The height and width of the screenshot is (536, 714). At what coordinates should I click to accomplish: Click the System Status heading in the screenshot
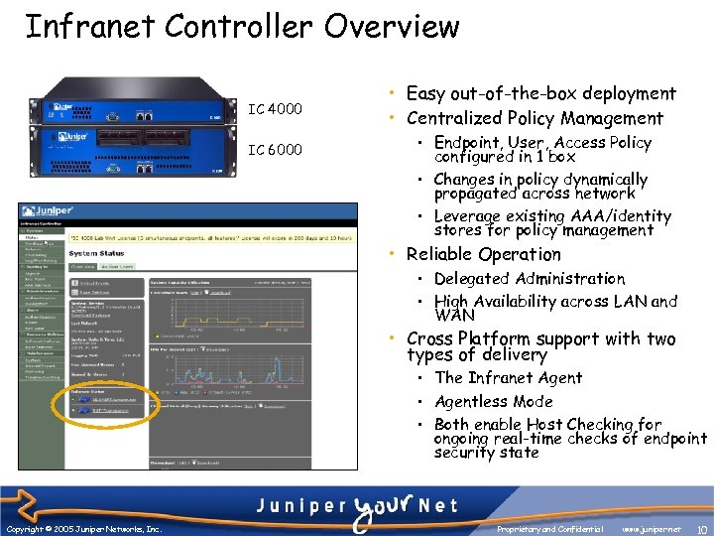click(96, 254)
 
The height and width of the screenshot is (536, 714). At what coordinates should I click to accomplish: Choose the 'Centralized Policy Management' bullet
click(535, 118)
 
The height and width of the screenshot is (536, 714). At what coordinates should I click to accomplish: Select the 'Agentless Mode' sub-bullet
click(493, 401)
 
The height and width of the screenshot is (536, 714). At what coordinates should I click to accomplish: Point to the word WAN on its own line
click(455, 316)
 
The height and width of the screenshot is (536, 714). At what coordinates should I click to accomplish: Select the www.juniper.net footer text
click(654, 530)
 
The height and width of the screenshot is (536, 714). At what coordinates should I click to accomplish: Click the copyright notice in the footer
click(83, 530)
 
